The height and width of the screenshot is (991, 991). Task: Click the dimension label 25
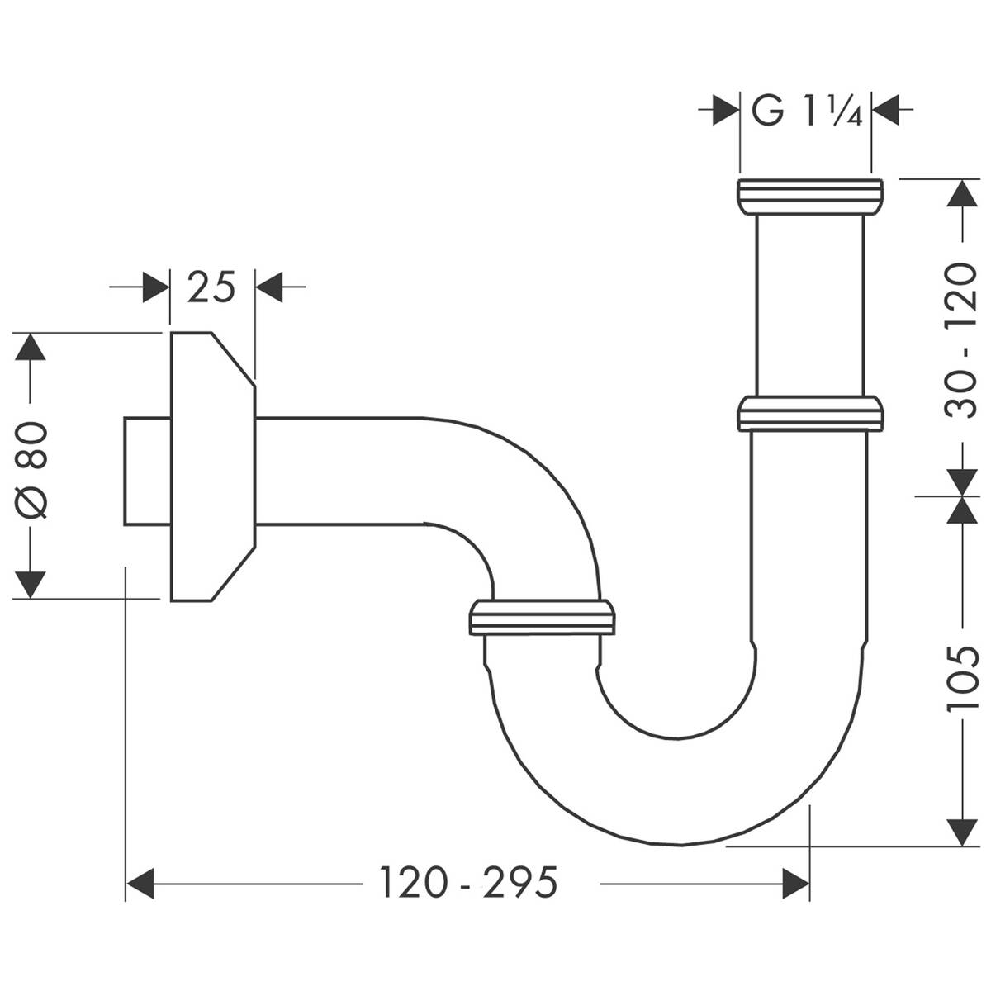point(211,287)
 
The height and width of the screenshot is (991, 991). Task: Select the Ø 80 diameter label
point(34,467)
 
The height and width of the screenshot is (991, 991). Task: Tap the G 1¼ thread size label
point(806,110)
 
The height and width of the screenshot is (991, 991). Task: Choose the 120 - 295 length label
point(468,883)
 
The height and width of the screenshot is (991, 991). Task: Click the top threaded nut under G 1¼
point(809,196)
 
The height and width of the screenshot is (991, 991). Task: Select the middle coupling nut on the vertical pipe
point(809,413)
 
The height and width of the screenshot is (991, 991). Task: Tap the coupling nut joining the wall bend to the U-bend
point(541,617)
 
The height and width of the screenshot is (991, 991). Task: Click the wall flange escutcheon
point(211,467)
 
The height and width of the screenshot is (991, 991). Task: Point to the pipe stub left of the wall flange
point(147,471)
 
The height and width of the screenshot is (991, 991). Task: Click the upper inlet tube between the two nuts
point(809,306)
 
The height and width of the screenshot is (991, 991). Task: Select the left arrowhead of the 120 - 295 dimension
point(140,884)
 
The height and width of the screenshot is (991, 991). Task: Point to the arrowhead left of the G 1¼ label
point(725,110)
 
